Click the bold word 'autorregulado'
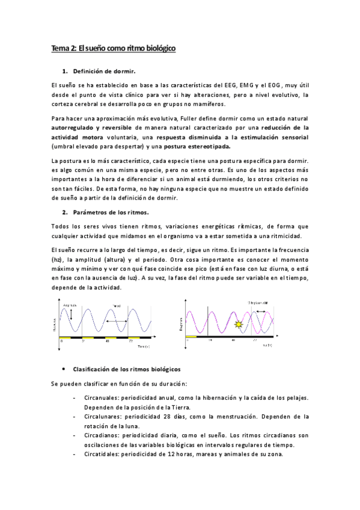(73, 128)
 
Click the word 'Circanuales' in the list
(102, 398)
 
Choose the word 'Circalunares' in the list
(103, 416)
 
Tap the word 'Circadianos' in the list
(103, 435)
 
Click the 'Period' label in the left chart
(117, 306)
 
